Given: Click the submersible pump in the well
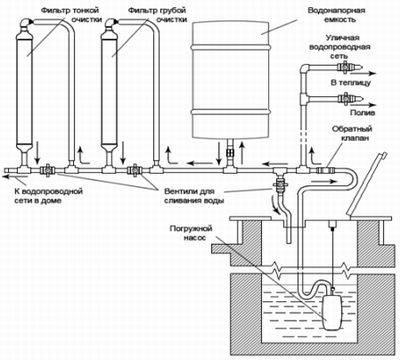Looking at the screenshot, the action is point(332,310).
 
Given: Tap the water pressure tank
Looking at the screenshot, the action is point(230,79).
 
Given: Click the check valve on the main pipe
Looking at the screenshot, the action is point(326,171).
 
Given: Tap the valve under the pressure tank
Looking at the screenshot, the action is point(230,153).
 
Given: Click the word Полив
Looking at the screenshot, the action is point(362,113).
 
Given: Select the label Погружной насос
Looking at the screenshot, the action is point(191,233).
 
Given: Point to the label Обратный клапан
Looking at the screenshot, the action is point(352,134).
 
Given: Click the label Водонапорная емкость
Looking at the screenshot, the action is point(336,15).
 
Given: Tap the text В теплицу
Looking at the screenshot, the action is point(351,82).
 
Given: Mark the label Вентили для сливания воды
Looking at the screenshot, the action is point(194,196).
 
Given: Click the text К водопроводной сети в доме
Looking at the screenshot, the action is point(48,196).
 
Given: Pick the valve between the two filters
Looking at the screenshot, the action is point(47,170).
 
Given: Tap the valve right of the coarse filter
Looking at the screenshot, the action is point(135,170).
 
